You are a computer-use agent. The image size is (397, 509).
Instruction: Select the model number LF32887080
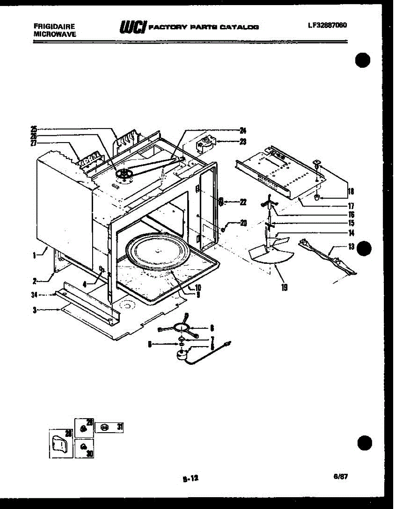pyautogui.click(x=328, y=25)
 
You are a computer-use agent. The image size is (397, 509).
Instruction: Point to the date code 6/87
pyautogui.click(x=341, y=476)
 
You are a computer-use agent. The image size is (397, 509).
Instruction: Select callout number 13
pyautogui.click(x=350, y=247)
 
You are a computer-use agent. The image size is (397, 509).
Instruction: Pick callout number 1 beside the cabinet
pyautogui.click(x=34, y=255)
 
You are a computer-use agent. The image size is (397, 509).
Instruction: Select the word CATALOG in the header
pyautogui.click(x=241, y=27)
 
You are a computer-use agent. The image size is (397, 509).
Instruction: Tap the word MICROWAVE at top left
pyautogui.click(x=54, y=34)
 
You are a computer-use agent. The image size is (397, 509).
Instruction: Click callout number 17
pyautogui.click(x=350, y=207)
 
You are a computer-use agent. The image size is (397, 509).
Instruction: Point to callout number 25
pyautogui.click(x=34, y=129)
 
